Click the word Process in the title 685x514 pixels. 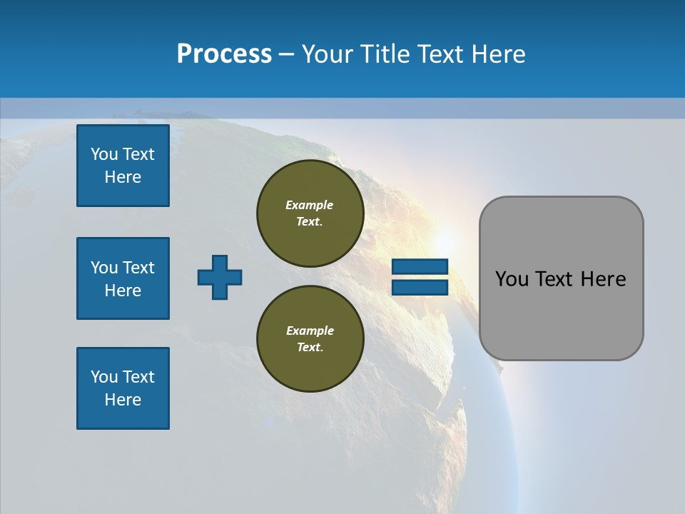[x=224, y=54]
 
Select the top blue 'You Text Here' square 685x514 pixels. [x=123, y=166]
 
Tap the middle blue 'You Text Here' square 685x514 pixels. [x=123, y=278]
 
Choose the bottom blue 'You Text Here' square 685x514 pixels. [x=123, y=388]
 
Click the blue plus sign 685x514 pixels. [x=220, y=277]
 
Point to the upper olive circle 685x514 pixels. [x=310, y=213]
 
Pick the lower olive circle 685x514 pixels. [x=310, y=339]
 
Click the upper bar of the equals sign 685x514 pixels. [x=420, y=267]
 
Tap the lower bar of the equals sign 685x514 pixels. [x=420, y=288]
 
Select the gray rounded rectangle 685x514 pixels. [x=561, y=314]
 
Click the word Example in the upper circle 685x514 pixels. [x=309, y=205]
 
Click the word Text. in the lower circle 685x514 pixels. [x=310, y=348]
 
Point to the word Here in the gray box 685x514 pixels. [x=603, y=279]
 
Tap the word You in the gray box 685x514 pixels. [x=511, y=279]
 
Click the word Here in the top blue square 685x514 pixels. [x=123, y=177]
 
